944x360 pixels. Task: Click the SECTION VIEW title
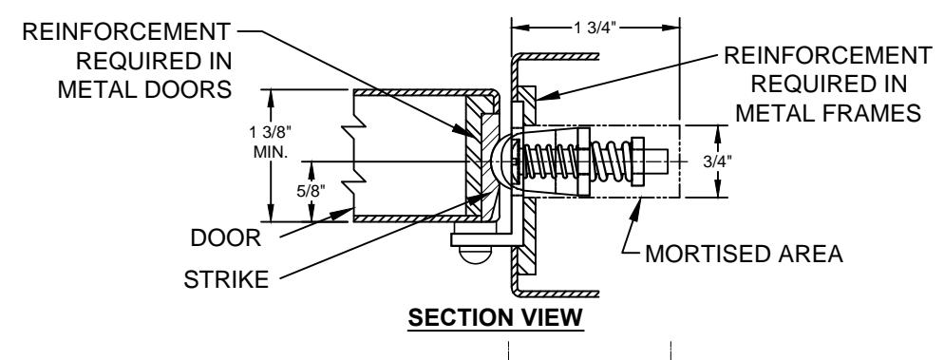tap(496, 317)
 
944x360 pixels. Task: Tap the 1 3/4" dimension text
tap(595, 28)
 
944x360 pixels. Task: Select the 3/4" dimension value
tap(717, 161)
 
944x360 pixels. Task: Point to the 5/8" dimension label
tap(311, 191)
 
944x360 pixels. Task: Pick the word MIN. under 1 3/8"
tap(271, 151)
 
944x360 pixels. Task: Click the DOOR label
tap(226, 237)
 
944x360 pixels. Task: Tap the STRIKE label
tap(226, 279)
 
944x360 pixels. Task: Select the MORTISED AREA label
tap(745, 254)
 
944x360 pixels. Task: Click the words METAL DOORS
tap(144, 89)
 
